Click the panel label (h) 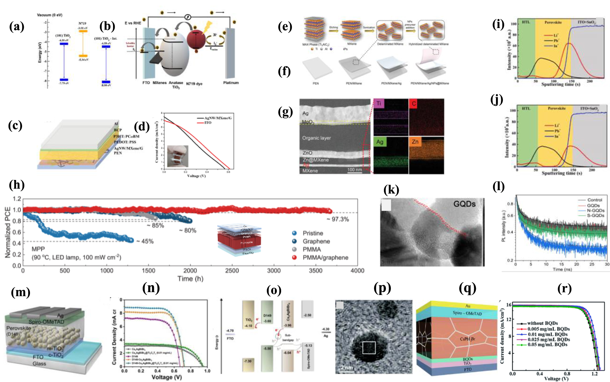17,185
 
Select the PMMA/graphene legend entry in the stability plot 325,257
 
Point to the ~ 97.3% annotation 338,219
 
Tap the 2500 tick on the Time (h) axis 232,271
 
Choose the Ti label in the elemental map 379,103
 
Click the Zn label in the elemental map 415,142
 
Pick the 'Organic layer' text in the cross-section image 316,138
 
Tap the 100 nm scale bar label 354,170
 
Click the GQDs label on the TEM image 464,204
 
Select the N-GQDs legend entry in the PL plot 595,210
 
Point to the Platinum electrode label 231,83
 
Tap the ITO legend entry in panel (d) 208,123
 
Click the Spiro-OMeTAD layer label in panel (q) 467,313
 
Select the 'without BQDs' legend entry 542,323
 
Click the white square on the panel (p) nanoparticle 369,348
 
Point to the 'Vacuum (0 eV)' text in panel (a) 49,15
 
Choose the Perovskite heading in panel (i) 553,22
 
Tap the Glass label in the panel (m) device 39,364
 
